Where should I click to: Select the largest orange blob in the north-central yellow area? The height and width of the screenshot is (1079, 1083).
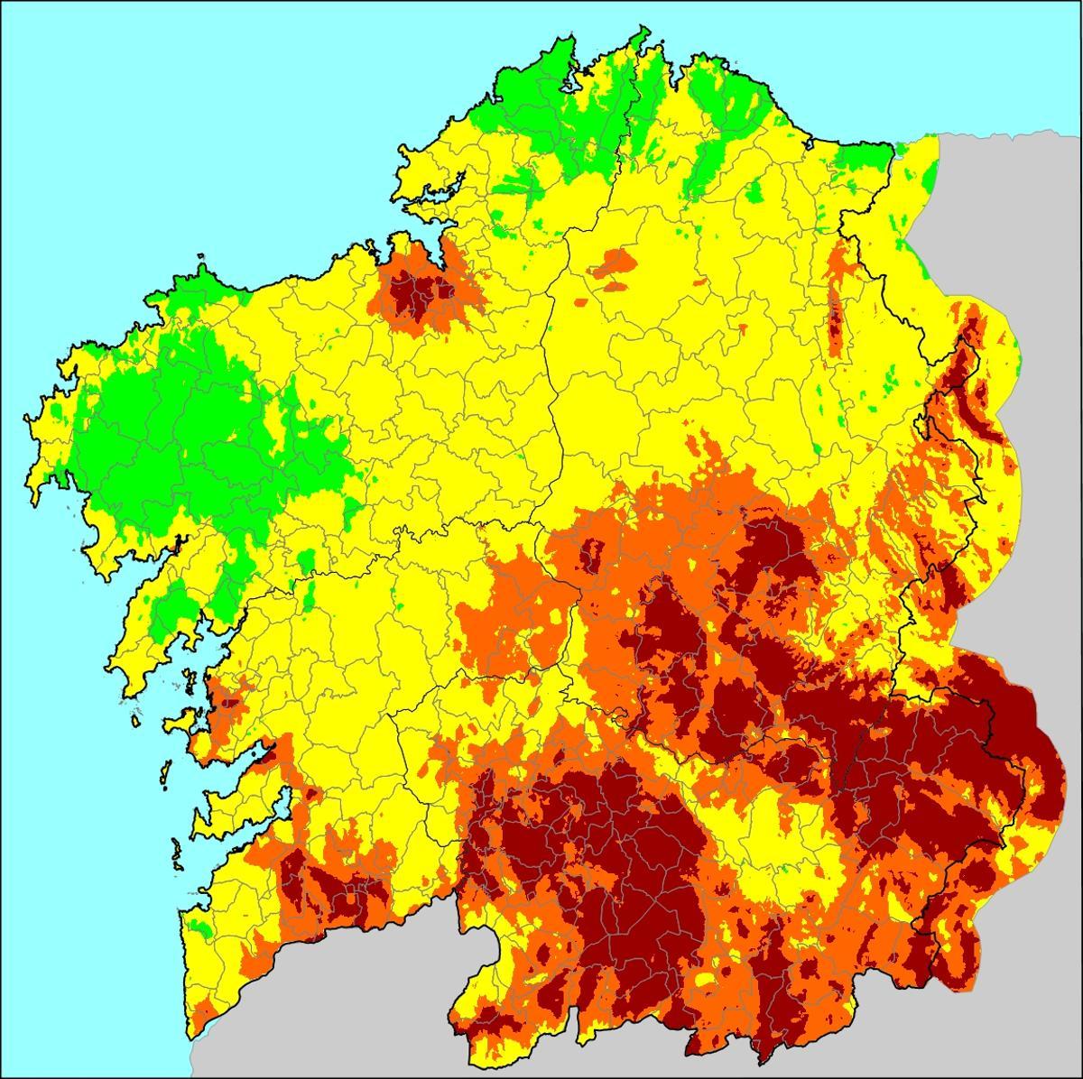(x=614, y=263)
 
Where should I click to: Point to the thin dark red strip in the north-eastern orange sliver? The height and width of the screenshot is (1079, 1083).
(x=835, y=320)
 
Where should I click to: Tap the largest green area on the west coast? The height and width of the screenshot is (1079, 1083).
(x=180, y=433)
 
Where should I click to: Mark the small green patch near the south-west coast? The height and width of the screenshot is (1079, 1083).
(x=204, y=927)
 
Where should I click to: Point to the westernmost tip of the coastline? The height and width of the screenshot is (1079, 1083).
(x=27, y=420)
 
